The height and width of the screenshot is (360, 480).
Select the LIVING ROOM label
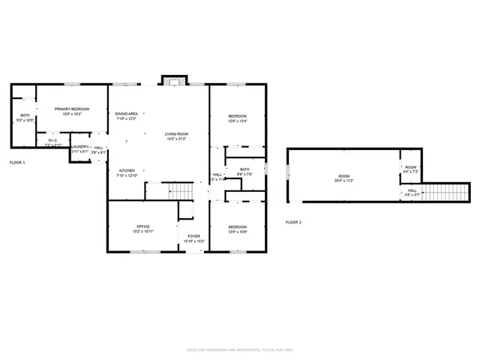tap(175, 136)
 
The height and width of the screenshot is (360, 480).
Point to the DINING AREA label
tap(127, 115)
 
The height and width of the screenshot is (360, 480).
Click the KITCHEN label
tap(127, 172)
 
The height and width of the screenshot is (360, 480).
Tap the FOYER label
tap(194, 238)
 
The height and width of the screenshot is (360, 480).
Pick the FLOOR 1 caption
tap(17, 162)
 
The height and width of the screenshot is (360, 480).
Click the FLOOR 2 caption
tap(294, 222)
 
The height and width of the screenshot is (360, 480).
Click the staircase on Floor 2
tap(443, 193)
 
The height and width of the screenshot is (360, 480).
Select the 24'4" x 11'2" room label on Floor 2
tap(344, 178)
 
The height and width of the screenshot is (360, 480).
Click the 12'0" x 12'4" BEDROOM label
tap(237, 118)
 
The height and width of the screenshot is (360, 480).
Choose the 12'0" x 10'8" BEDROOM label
tap(237, 229)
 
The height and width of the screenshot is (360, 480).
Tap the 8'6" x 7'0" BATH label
tap(244, 172)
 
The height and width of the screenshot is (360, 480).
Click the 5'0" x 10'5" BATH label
tap(25, 118)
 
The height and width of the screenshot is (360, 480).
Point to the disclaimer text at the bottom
tap(240, 350)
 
